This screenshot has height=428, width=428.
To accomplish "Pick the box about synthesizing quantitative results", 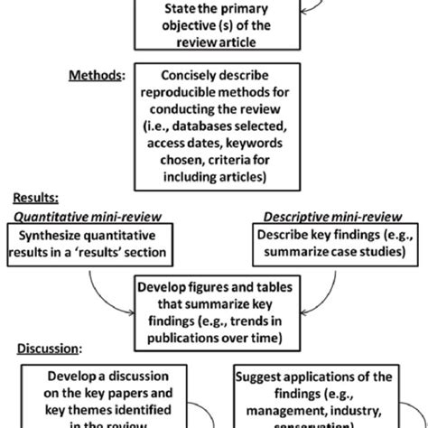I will [90, 243].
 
